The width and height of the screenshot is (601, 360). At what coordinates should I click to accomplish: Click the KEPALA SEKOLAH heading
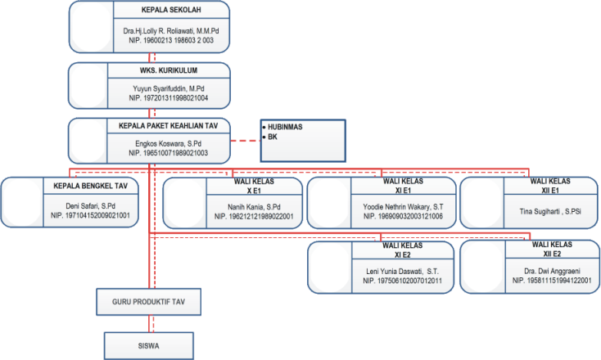coord(171,10)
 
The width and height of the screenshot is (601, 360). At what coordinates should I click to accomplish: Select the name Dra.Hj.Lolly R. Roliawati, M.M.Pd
coord(171,31)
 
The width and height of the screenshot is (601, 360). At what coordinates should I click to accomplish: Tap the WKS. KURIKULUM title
coord(169,70)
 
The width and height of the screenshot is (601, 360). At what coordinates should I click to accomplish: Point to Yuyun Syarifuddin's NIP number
coord(169,98)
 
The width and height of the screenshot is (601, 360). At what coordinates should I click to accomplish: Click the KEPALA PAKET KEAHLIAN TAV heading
coord(169,126)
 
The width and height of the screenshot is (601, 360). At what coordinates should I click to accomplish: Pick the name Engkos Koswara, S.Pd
coord(169,144)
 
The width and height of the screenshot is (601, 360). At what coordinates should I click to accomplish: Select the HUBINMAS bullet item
coord(282,127)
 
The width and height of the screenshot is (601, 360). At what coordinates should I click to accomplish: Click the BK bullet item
coord(270,137)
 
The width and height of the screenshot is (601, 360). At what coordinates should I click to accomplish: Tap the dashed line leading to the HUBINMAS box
coord(246,141)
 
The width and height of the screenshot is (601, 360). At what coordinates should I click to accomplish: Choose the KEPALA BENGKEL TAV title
coord(90,186)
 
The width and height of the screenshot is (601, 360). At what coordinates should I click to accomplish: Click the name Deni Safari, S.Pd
coord(90,206)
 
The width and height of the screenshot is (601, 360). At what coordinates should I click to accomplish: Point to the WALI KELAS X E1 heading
coord(254,186)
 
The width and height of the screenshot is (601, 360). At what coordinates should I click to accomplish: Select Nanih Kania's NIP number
coord(254,217)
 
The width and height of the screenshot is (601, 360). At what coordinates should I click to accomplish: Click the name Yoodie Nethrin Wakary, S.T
coord(403,207)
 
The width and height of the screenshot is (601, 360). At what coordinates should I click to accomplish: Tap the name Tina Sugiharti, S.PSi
coord(550,211)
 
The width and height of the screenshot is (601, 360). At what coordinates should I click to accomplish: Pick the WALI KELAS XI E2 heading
coord(403,250)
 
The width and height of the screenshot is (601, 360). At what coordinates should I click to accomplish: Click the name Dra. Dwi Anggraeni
coord(552,271)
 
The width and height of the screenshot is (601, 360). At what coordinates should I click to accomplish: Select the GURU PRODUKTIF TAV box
coord(149,302)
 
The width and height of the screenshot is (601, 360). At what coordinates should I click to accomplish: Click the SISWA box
coord(149,346)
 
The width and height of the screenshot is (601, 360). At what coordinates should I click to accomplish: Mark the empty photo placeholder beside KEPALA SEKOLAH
coord(92,27)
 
